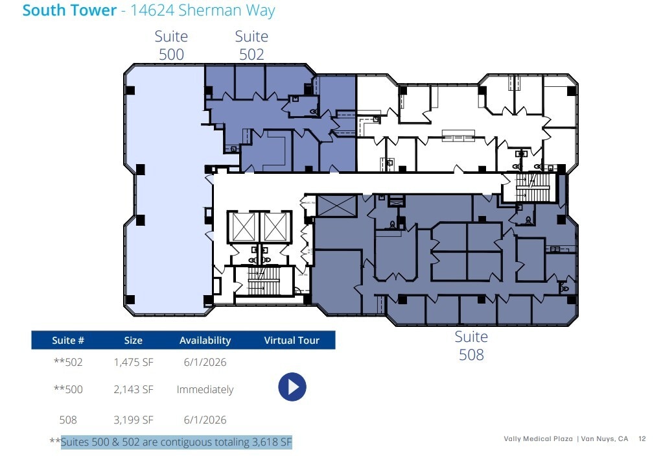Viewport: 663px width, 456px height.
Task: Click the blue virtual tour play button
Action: coord(292,387)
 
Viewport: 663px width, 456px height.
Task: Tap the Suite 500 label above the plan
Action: coord(171,45)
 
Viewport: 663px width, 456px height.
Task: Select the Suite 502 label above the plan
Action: coord(251,45)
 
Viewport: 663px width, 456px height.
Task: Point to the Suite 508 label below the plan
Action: coord(471,346)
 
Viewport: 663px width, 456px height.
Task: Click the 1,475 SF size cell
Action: coord(134,362)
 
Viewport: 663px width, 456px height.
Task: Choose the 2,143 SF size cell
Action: coord(134,390)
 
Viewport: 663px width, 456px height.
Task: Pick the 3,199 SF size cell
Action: coord(134,420)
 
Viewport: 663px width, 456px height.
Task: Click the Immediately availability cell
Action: coord(205,390)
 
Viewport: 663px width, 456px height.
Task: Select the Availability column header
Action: coord(205,341)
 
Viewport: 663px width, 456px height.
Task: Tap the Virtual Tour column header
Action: coord(292,341)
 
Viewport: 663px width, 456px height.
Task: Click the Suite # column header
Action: coord(68,341)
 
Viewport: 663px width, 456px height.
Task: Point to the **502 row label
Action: coord(68,362)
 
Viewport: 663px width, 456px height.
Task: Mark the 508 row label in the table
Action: coord(68,420)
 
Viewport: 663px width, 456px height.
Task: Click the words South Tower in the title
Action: coord(69,11)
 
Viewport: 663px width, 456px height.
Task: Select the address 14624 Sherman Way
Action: coord(203,11)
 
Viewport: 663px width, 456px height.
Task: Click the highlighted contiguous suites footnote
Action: coord(176,442)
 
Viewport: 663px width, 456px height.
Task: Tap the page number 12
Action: coord(642,439)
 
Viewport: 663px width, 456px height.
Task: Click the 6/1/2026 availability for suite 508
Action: coord(205,420)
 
